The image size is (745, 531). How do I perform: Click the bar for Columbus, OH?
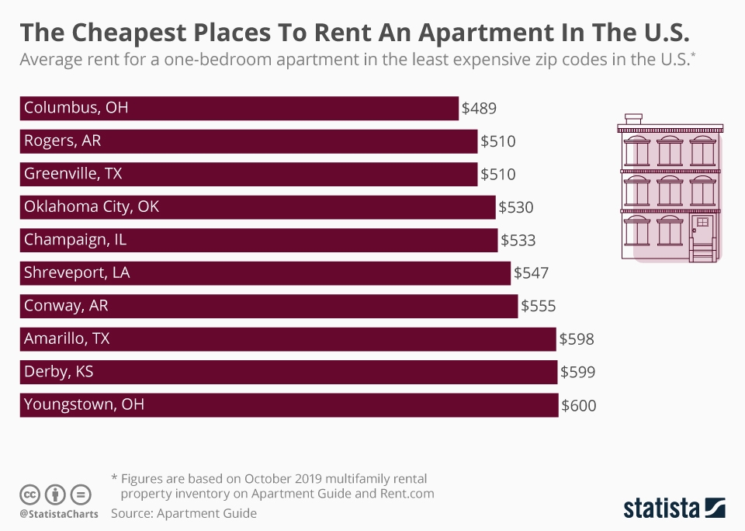239,109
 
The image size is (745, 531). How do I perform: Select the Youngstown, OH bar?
289,405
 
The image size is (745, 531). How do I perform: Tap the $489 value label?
479,109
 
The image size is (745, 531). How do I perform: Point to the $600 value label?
579,405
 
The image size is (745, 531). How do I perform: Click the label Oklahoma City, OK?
92,207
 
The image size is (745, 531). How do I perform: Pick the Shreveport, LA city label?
77,273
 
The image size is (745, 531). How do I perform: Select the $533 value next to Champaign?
518,241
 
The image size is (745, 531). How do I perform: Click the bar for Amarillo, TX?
288,339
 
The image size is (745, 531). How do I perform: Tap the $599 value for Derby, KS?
578,373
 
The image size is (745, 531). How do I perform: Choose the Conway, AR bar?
269,307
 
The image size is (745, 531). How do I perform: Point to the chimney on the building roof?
633,119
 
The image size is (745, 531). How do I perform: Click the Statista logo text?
660,508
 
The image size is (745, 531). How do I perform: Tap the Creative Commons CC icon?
30,495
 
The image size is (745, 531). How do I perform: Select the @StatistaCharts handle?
58,513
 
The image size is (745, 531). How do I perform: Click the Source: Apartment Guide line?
183,513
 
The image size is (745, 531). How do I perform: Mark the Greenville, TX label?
73,175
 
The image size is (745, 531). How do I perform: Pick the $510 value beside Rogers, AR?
498,141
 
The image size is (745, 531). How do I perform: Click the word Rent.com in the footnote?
407,493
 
